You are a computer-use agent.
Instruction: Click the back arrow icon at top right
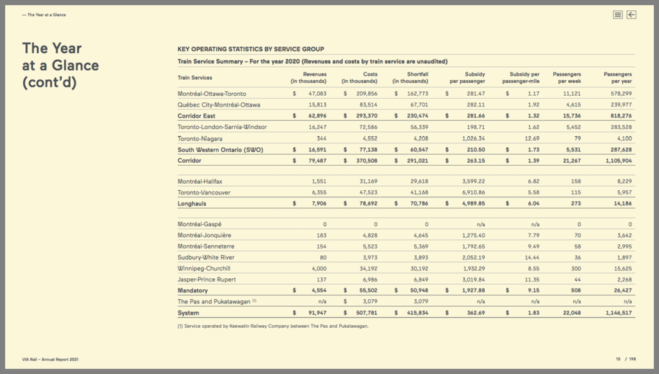[x=631, y=15]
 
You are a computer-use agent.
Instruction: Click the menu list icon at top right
[x=618, y=15]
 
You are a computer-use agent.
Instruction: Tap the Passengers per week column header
[x=567, y=78]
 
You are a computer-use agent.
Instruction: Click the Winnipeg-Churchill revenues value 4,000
[x=319, y=268]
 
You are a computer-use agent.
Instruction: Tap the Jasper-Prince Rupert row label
[x=207, y=280]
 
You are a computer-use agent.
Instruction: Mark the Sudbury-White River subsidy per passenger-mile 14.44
[x=531, y=257]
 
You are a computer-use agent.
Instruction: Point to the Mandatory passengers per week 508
[x=575, y=290]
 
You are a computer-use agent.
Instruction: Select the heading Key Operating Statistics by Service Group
[x=250, y=49]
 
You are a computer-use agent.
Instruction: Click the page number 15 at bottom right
[x=617, y=359]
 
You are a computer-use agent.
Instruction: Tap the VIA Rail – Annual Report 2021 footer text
[x=51, y=359]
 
